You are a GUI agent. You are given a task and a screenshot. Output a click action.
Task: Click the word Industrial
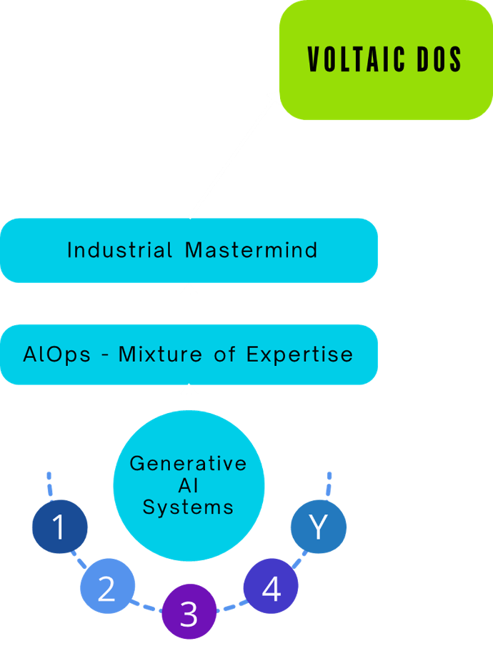pyautogui.click(x=120, y=250)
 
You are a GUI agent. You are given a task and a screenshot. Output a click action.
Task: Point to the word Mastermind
pyautogui.click(x=251, y=250)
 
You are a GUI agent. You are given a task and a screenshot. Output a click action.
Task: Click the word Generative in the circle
pyautogui.click(x=189, y=463)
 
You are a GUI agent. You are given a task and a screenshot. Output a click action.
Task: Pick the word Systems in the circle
pyautogui.click(x=189, y=507)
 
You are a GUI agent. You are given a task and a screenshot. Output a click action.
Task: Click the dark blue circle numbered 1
pyautogui.click(x=60, y=527)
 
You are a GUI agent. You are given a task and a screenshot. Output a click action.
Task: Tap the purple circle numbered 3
pyautogui.click(x=189, y=612)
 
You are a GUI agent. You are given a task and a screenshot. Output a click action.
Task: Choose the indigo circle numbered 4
pyautogui.click(x=271, y=588)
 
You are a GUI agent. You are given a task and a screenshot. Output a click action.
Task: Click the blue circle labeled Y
pyautogui.click(x=319, y=527)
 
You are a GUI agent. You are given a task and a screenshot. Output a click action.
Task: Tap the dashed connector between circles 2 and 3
pyautogui.click(x=146, y=606)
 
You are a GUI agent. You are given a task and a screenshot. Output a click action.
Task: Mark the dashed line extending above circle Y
pyautogui.click(x=329, y=484)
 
